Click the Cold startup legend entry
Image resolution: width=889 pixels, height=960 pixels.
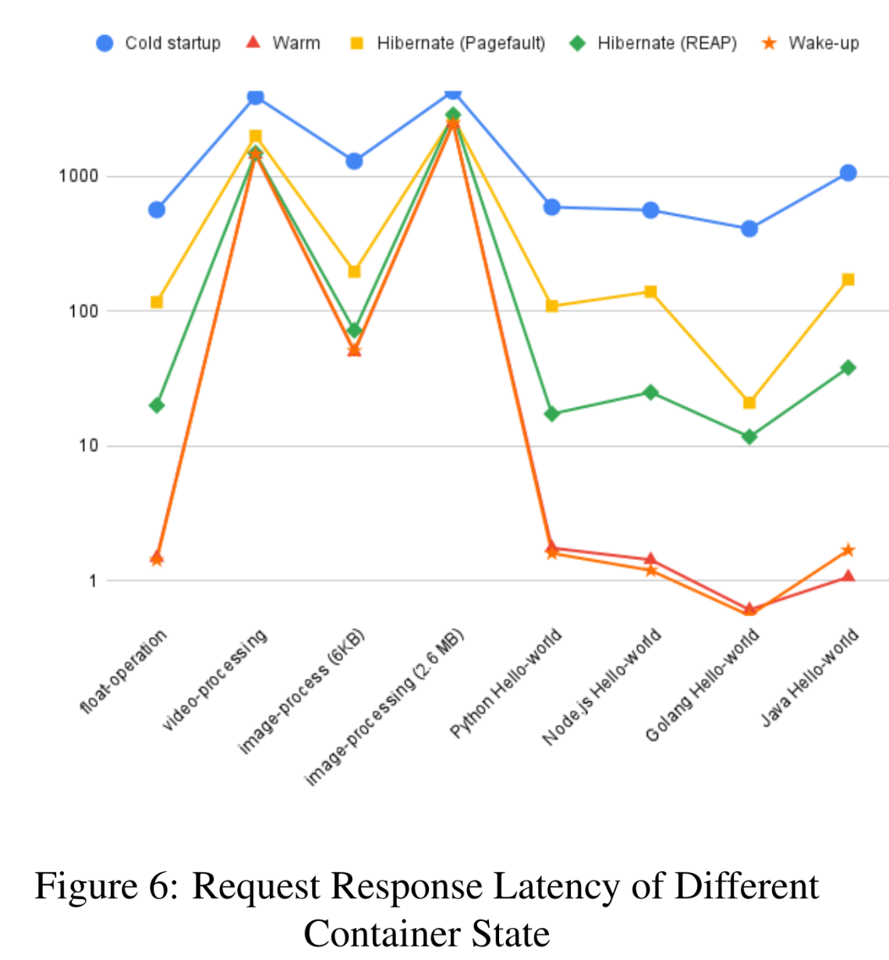[158, 43]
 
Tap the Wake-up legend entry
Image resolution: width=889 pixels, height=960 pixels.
[811, 43]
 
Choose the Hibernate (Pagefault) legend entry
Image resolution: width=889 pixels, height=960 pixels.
[448, 43]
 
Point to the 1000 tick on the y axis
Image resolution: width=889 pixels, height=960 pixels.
[79, 176]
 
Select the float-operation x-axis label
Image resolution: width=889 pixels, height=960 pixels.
[124, 671]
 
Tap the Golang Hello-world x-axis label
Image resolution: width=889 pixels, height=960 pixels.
[702, 685]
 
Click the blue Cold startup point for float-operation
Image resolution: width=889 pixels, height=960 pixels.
[157, 210]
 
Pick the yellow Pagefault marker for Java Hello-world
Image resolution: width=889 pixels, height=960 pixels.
[848, 280]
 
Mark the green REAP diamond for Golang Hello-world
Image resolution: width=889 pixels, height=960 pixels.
[749, 437]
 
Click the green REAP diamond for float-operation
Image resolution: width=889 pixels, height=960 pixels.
[157, 406]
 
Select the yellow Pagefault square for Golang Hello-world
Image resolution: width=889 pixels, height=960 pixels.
[749, 403]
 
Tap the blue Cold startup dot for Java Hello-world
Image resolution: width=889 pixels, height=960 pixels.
[848, 173]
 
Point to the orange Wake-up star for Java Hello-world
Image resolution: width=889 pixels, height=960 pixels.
[848, 551]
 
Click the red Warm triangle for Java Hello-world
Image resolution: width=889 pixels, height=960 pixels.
[848, 576]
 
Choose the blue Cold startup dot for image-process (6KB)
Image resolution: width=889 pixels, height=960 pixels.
[354, 161]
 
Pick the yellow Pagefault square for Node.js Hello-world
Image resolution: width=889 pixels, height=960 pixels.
[650, 292]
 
